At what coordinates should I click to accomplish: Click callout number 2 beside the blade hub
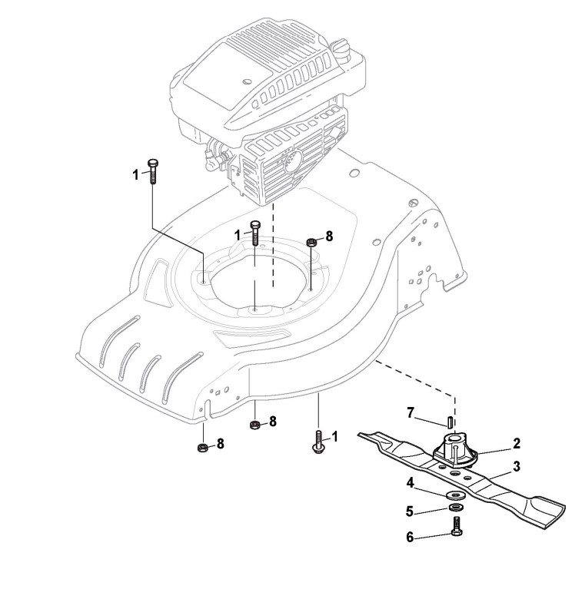[517, 444]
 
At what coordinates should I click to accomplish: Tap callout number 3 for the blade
[517, 465]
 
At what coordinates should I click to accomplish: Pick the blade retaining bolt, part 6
[457, 528]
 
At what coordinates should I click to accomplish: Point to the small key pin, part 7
[447, 421]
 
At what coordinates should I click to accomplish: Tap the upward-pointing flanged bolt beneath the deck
[317, 443]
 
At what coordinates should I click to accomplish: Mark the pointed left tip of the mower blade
[361, 435]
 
